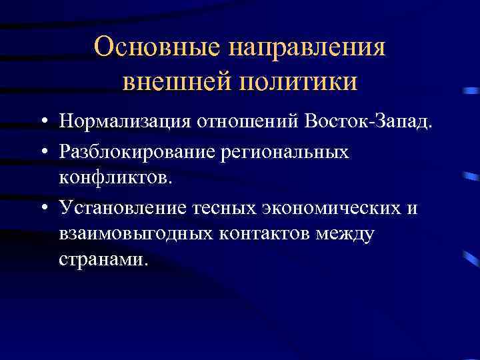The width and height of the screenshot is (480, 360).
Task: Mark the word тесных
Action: [210, 207]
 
